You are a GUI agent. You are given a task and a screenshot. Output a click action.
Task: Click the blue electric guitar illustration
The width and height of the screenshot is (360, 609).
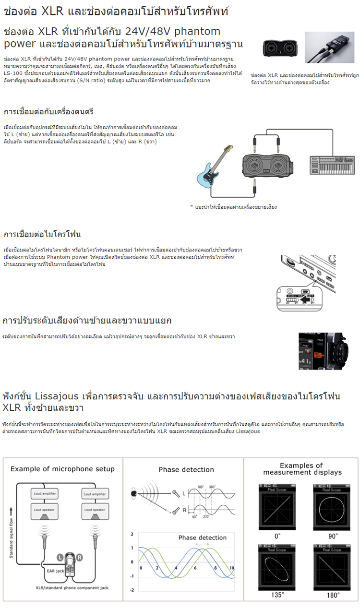tap(212, 167)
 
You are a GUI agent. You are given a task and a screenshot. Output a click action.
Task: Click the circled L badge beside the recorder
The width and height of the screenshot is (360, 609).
tap(60, 558)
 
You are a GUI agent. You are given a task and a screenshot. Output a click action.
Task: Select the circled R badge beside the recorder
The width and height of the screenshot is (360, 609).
tap(80, 558)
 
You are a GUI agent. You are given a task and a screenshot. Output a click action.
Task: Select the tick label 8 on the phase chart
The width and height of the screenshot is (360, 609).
tap(216, 568)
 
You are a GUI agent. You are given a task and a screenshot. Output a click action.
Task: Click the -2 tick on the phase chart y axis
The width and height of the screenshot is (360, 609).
tap(132, 590)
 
